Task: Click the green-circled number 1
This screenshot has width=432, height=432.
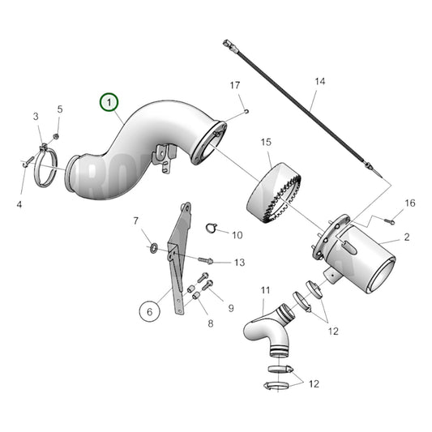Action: pyautogui.click(x=109, y=103)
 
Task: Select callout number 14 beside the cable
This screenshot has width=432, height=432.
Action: pyautogui.click(x=319, y=82)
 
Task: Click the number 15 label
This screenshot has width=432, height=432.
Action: pyautogui.click(x=265, y=143)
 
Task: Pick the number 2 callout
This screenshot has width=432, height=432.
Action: pyautogui.click(x=406, y=237)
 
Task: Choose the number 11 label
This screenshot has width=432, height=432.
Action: pyautogui.click(x=265, y=289)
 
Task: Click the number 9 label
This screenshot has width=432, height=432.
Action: pyautogui.click(x=230, y=308)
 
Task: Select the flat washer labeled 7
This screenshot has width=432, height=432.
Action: pyautogui.click(x=152, y=245)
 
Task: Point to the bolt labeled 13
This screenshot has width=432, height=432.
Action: pyautogui.click(x=205, y=261)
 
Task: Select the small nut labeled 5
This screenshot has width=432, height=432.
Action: pyautogui.click(x=56, y=135)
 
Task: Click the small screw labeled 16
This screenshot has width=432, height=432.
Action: pyautogui.click(x=390, y=219)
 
